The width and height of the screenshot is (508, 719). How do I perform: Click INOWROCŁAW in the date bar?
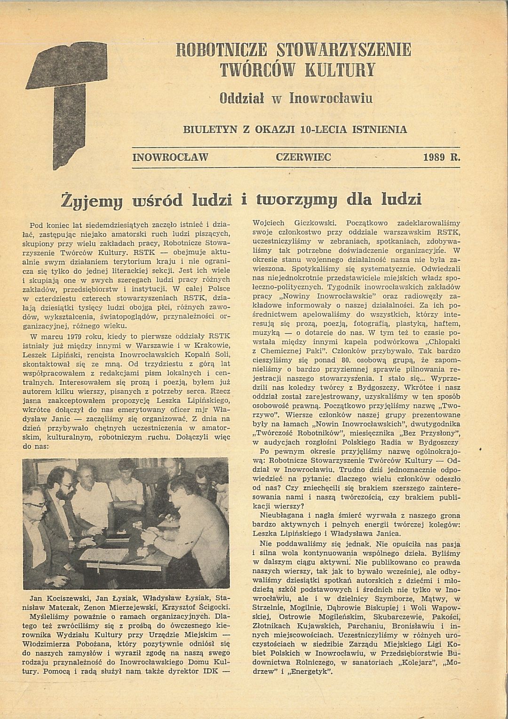coord(170,157)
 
